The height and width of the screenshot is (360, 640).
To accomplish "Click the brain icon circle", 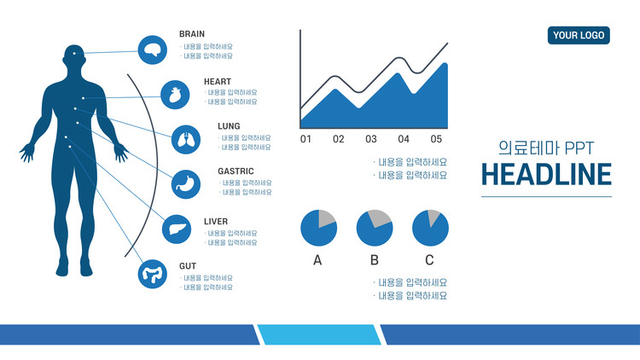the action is tap(152, 49).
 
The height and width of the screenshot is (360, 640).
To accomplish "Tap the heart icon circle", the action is tap(175, 95).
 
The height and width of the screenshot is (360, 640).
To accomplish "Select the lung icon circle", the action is tap(186, 140).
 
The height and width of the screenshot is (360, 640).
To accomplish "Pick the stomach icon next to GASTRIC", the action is tap(186, 184).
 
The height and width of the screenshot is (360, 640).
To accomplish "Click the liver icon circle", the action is tap(177, 229).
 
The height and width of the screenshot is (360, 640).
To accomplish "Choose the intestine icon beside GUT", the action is tap(152, 274).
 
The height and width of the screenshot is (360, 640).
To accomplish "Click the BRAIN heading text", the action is tap(192, 34).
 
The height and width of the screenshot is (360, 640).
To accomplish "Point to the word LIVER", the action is tap(216, 222).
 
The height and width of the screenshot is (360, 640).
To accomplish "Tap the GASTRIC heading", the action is tap(236, 171).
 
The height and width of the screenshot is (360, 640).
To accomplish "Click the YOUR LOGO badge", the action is tap(579, 36).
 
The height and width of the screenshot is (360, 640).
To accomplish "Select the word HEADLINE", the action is tap(546, 175).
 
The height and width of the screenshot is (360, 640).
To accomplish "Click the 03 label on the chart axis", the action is tap(371, 139).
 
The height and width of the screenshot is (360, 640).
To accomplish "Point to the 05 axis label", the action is tap(436, 139).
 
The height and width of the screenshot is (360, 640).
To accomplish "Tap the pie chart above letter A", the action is tap(319, 228).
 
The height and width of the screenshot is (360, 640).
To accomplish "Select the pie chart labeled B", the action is tap(375, 228).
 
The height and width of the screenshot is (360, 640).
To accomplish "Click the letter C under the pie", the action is tap(429, 260).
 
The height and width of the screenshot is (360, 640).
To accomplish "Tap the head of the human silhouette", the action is tap(74, 55).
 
